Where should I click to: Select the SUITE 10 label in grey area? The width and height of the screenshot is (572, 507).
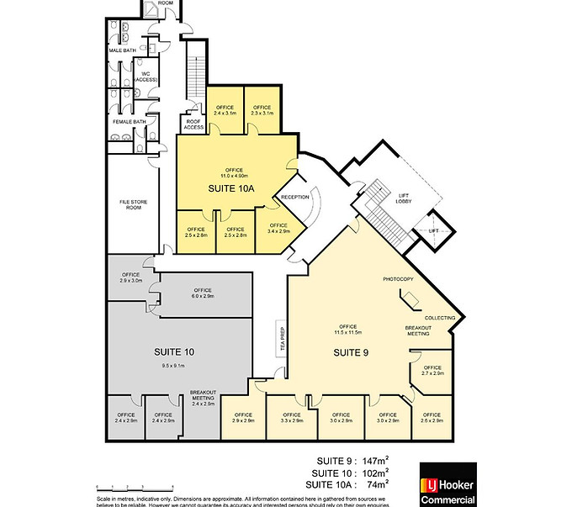(174, 351)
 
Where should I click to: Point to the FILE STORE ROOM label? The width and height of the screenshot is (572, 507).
(132, 206)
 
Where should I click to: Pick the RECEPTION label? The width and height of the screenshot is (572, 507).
(295, 198)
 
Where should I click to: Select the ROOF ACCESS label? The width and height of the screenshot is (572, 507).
(194, 124)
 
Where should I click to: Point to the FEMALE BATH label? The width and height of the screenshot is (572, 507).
(130, 122)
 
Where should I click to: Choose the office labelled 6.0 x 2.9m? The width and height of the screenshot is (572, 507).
(203, 293)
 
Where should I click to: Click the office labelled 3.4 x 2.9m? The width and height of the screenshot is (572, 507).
(277, 229)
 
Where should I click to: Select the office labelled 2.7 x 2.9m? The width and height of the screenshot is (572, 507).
(432, 370)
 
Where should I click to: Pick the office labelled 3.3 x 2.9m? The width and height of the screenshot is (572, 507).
(291, 417)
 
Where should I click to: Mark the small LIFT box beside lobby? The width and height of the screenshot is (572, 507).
(434, 230)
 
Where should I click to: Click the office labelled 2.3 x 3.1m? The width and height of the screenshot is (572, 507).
(262, 110)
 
